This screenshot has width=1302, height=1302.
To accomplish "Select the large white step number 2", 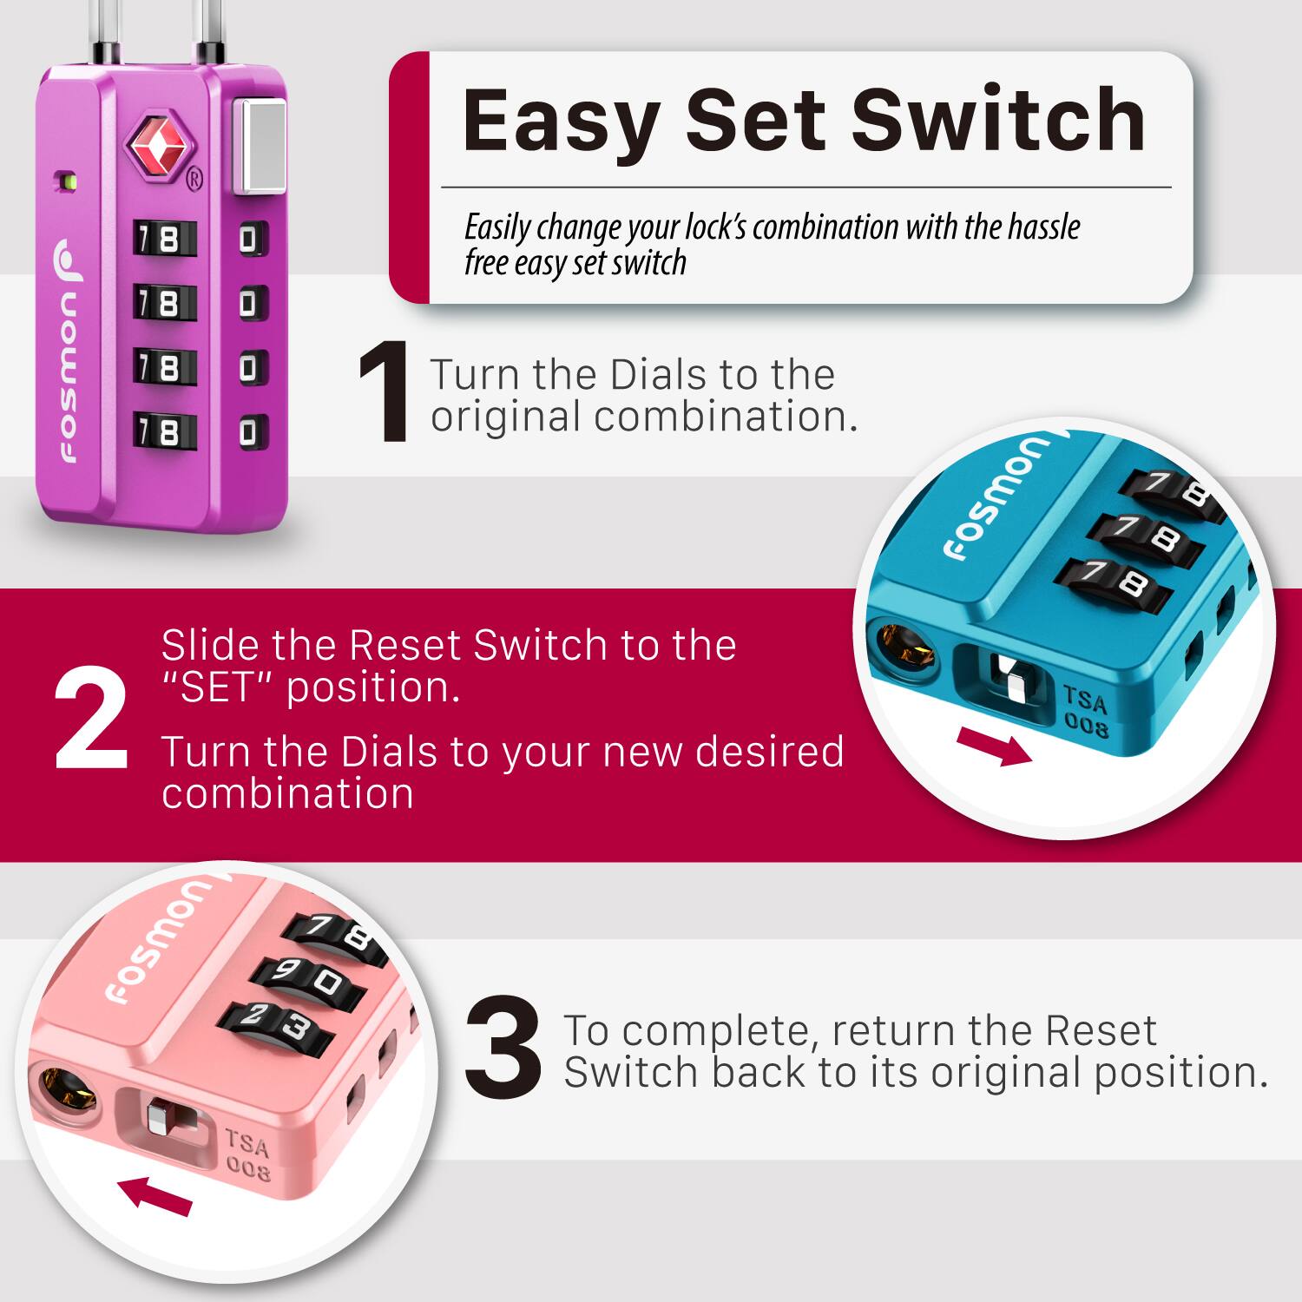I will (x=91, y=720).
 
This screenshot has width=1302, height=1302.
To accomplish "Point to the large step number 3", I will (x=503, y=1049).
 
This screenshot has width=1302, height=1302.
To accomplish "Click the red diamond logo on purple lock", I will (x=157, y=146).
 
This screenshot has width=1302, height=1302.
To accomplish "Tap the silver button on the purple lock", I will (x=259, y=146).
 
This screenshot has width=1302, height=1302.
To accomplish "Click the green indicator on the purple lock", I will (x=66, y=182).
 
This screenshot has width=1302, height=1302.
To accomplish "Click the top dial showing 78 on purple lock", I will (x=164, y=240).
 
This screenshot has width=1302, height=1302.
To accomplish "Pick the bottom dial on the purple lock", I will (x=164, y=431).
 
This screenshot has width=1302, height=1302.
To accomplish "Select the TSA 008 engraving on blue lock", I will (x=1085, y=711).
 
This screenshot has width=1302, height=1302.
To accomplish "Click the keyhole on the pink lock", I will (x=67, y=1089).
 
